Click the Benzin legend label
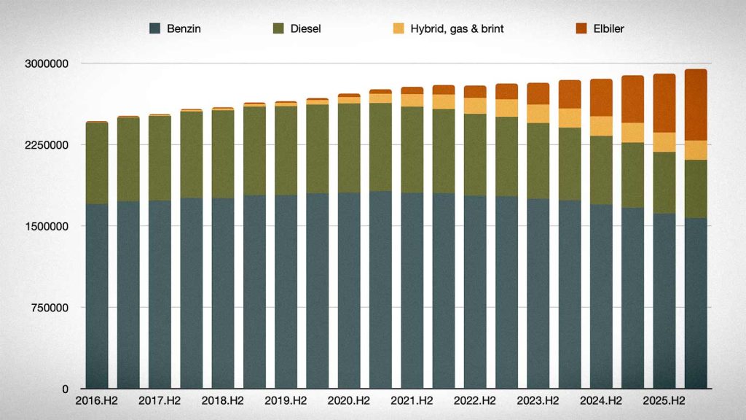(184, 28)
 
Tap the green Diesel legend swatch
(278, 28)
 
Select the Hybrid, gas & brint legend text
(457, 28)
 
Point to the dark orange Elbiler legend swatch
(581, 28)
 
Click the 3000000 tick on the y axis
(47, 63)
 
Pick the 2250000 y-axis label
(47, 145)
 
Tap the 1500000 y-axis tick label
(47, 226)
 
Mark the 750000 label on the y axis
(50, 308)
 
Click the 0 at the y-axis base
(65, 389)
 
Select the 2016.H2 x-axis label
(97, 401)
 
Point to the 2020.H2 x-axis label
(349, 401)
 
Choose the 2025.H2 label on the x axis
(664, 401)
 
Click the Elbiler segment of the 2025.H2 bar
(664, 104)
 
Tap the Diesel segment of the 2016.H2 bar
(97, 163)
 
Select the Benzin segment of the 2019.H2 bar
(286, 292)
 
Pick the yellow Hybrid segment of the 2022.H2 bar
(475, 106)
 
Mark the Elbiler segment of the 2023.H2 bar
(538, 94)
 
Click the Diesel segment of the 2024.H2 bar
(601, 171)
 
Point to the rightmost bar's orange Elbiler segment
(696, 105)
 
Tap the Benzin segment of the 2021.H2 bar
(412, 290)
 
